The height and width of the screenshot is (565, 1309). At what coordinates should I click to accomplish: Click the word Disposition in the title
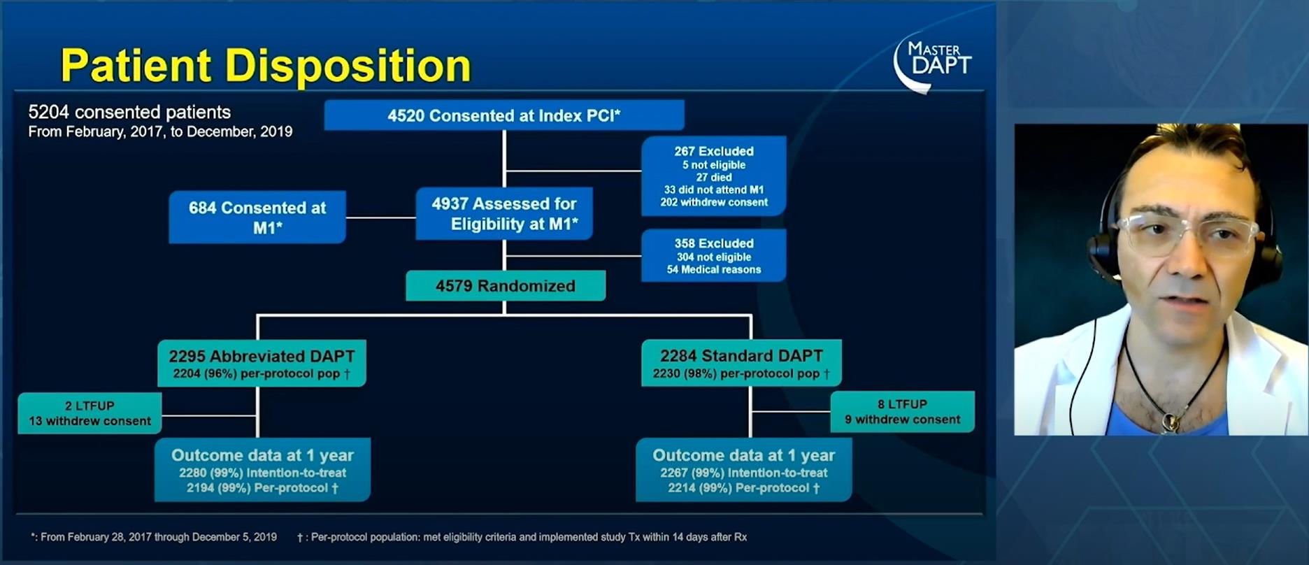tap(348, 66)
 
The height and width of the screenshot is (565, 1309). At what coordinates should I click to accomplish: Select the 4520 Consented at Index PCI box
tap(504, 115)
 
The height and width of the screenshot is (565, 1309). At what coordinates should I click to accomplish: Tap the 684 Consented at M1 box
tap(257, 217)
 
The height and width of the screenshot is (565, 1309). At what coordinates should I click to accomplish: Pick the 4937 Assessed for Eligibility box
tap(504, 214)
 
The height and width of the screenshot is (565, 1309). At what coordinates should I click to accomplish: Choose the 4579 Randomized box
tap(506, 286)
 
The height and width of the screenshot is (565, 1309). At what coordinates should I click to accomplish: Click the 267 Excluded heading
tap(714, 151)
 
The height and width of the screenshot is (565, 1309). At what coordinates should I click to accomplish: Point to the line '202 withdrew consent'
tap(714, 202)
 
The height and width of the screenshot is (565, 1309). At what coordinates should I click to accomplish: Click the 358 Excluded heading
tap(714, 243)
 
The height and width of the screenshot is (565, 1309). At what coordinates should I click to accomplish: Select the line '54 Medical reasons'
tap(714, 269)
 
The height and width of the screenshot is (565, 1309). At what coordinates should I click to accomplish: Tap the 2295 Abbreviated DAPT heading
tap(262, 356)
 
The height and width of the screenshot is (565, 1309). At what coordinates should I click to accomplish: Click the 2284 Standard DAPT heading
tap(742, 355)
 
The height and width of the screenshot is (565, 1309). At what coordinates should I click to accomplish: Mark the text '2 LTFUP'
tap(90, 406)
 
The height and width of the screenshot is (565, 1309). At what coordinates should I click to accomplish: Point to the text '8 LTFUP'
tap(902, 404)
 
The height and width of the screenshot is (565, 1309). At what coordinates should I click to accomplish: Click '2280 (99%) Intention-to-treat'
tap(262, 473)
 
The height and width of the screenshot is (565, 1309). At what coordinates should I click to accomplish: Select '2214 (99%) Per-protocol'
tap(744, 488)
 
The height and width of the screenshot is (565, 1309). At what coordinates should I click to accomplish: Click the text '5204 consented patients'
tap(129, 112)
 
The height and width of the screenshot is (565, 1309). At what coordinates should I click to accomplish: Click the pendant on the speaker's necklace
tap(1168, 421)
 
